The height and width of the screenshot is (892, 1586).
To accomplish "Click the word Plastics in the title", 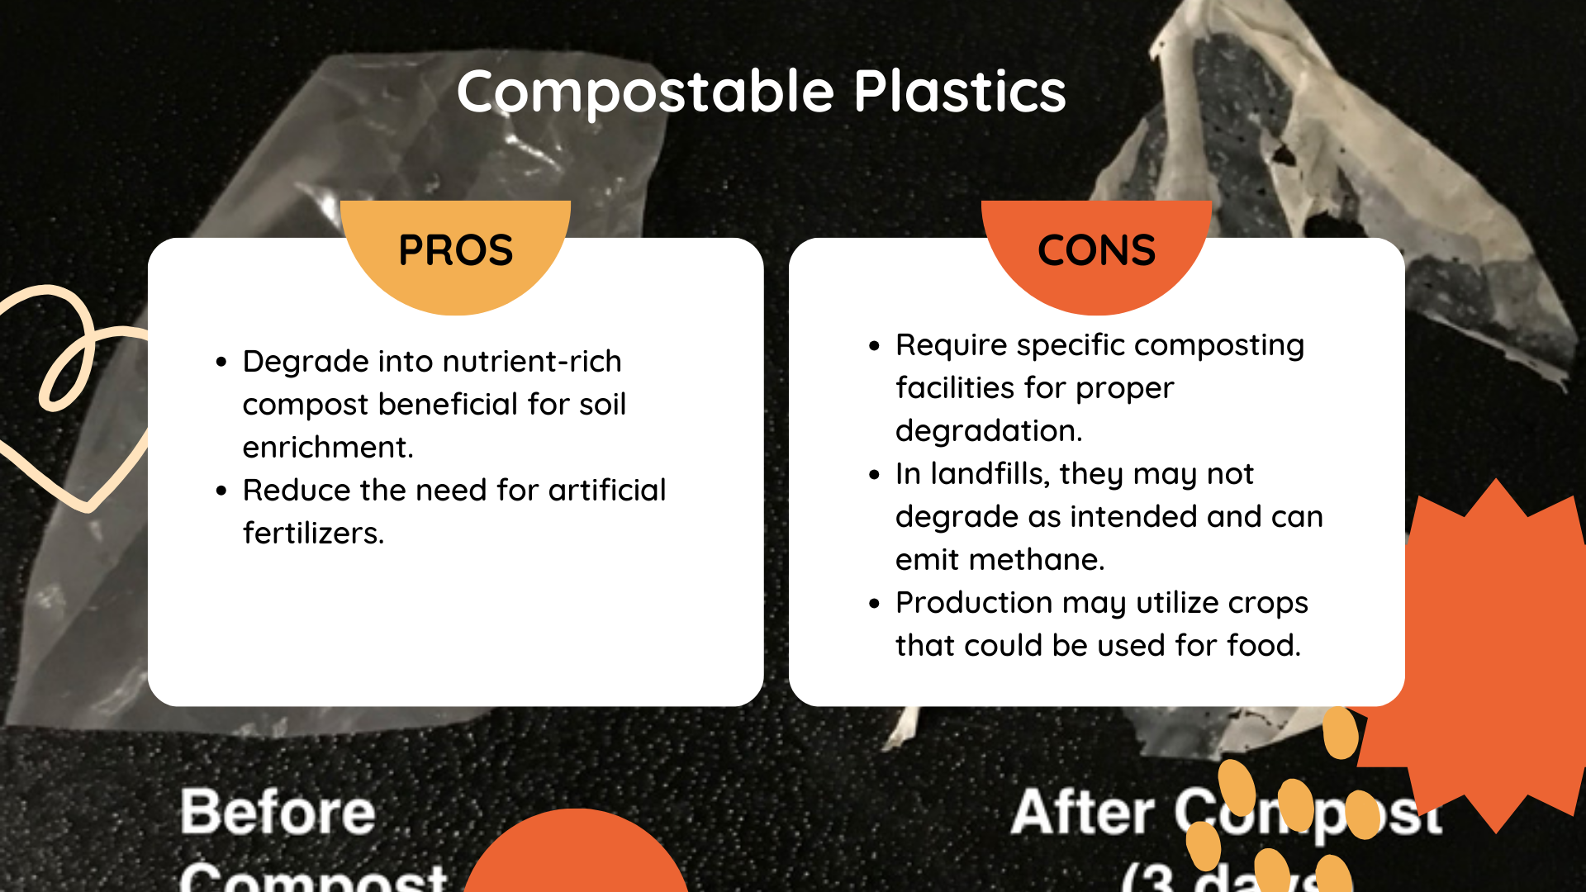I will point(959,91).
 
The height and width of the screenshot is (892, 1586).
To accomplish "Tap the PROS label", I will point(455,250).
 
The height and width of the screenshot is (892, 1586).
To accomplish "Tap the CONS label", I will point(1096,250).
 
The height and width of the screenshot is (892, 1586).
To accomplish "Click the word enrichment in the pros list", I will point(327,448).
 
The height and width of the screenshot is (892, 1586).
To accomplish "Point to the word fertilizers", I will point(313,534).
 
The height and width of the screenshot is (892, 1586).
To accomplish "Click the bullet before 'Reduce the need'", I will point(221,491).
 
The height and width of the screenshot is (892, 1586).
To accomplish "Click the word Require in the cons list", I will point(951,345).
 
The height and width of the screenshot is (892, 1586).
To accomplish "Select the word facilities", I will point(954,388).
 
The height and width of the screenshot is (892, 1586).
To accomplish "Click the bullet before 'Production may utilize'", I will point(875,604).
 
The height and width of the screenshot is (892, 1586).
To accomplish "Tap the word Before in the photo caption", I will point(278,812).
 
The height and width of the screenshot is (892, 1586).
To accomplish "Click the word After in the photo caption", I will point(1082,812).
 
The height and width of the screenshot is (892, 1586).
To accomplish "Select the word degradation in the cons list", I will point(988,431).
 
